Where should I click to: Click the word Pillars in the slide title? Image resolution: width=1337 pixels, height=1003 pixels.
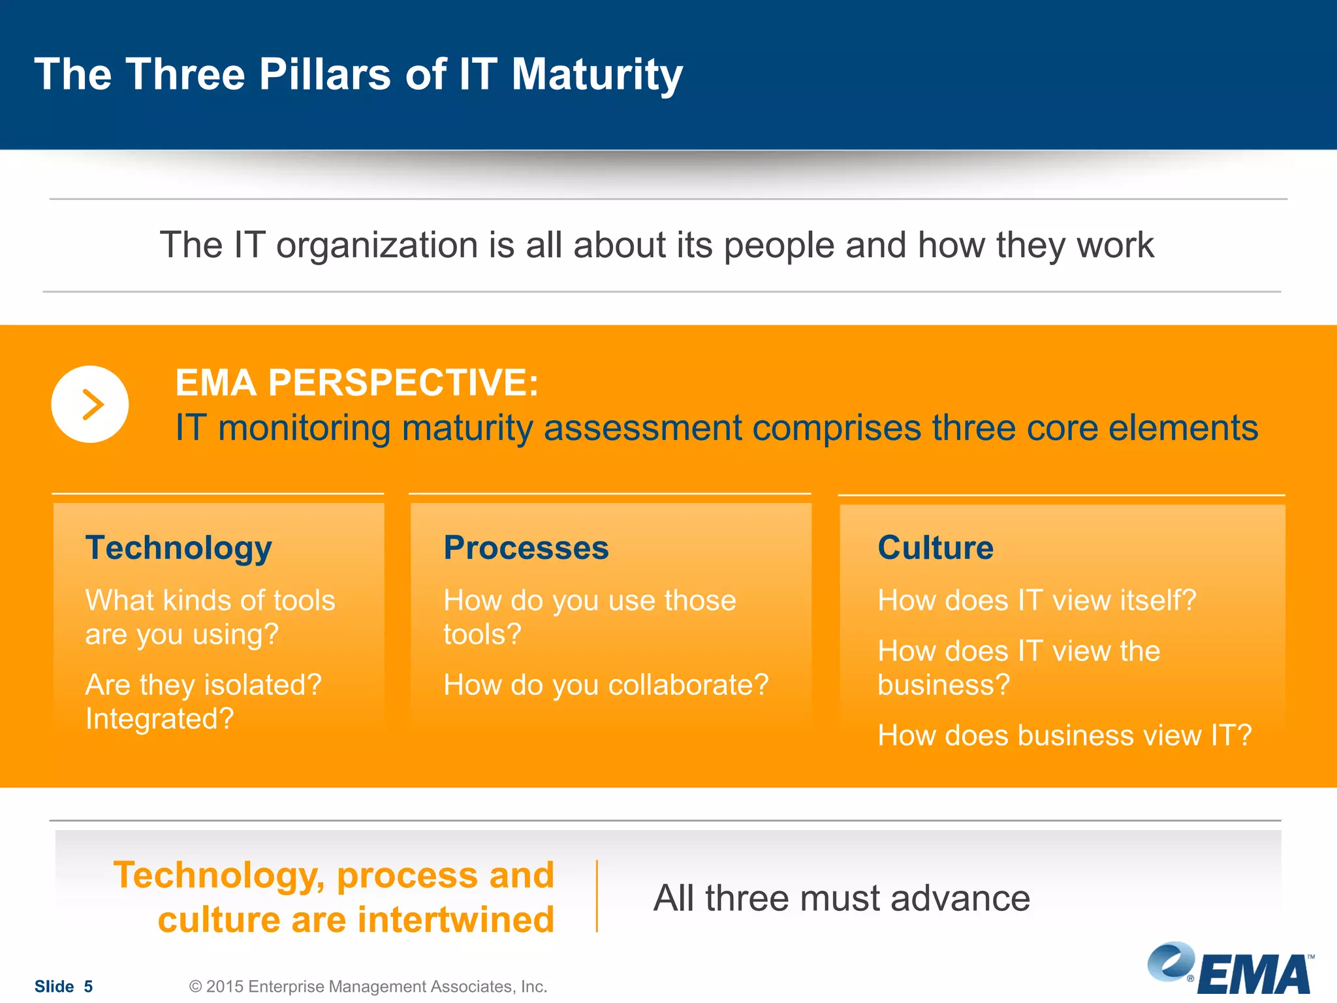(324, 74)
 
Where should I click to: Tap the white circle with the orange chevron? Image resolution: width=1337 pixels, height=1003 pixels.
(90, 404)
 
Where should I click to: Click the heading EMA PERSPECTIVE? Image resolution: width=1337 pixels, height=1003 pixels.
(356, 383)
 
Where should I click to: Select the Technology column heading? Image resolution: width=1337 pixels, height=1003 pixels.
(178, 547)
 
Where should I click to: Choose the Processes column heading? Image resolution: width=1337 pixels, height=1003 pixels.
(526, 547)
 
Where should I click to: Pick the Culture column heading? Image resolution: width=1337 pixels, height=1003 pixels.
(935, 547)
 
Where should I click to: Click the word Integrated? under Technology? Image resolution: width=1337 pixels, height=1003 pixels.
(159, 719)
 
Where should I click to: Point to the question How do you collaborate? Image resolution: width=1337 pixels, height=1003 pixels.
(606, 685)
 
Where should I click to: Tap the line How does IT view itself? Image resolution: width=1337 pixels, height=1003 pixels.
(1036, 600)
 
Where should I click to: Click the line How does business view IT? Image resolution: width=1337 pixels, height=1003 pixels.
(1064, 735)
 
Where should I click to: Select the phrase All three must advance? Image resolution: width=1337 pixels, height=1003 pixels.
(842, 898)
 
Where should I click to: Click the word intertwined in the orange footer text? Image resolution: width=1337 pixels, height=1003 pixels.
(456, 919)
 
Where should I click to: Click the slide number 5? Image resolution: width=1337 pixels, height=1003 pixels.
(88, 986)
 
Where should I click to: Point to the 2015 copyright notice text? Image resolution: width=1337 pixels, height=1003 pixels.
(368, 986)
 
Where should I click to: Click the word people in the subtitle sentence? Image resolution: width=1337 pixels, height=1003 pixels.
(779, 246)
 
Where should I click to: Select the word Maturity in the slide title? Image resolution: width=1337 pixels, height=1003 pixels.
(597, 75)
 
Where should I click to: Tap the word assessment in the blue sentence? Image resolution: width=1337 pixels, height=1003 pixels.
(642, 428)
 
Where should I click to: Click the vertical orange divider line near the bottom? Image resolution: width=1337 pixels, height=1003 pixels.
(597, 896)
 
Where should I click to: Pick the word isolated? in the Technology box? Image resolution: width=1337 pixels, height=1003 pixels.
(263, 685)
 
